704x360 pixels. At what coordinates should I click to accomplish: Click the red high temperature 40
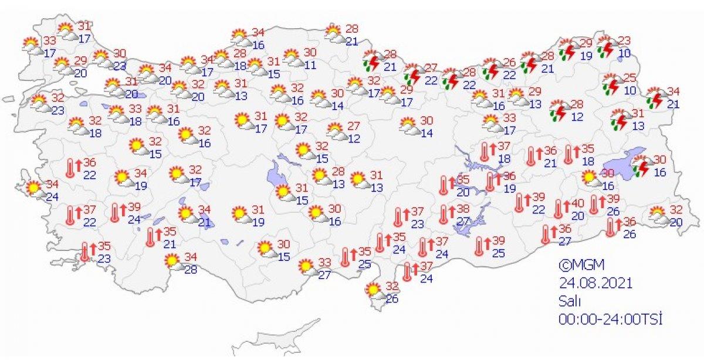(x=577, y=203)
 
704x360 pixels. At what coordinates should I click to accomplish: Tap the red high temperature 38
(x=463, y=209)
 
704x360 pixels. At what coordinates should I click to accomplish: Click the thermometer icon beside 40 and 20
(x=559, y=209)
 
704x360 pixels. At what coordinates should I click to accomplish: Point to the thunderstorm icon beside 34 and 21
(x=655, y=98)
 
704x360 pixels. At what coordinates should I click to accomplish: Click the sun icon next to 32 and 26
(x=373, y=290)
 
